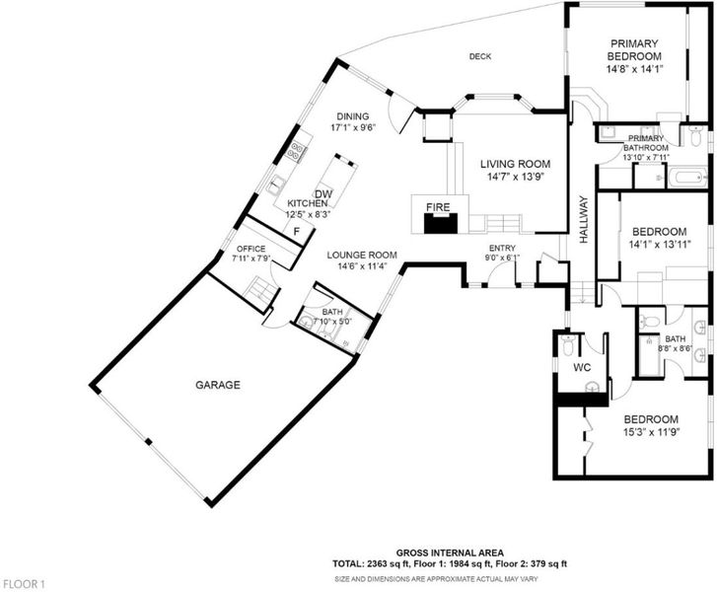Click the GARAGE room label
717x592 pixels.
click(x=218, y=385)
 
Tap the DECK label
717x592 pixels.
click(x=480, y=56)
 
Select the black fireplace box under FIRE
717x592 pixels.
click(x=441, y=223)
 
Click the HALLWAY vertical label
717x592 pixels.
click(x=583, y=219)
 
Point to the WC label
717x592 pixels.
click(x=582, y=367)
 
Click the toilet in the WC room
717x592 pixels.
click(x=568, y=345)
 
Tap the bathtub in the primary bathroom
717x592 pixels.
click(x=688, y=178)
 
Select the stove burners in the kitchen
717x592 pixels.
click(x=296, y=151)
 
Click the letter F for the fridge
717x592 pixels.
click(x=296, y=232)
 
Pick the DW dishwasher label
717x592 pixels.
click(x=323, y=194)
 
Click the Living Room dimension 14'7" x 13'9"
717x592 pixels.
click(x=516, y=177)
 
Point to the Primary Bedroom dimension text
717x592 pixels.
click(x=635, y=69)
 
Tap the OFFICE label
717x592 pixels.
click(x=251, y=249)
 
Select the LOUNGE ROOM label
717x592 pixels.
click(x=362, y=256)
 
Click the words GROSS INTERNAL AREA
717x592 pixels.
click(x=450, y=554)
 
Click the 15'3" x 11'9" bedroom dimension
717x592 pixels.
click(x=651, y=432)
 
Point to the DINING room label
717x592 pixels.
click(x=353, y=116)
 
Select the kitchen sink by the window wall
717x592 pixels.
click(x=276, y=184)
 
